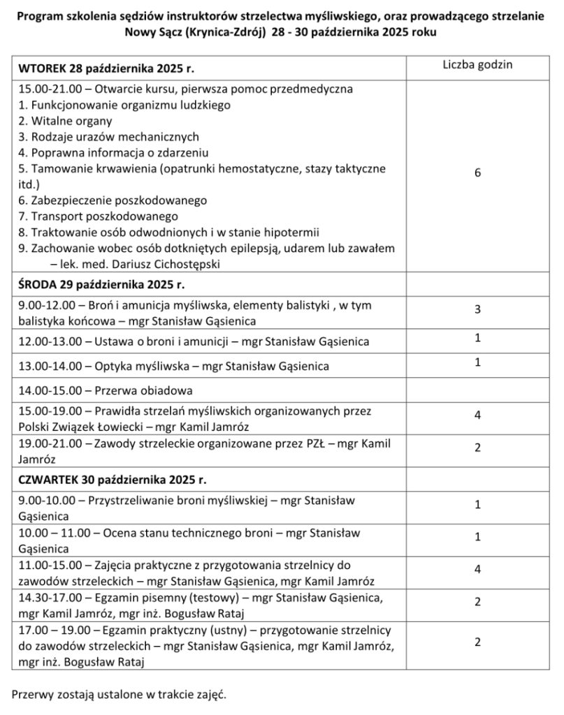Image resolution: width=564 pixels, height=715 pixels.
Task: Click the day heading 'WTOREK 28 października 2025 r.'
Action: [106, 69]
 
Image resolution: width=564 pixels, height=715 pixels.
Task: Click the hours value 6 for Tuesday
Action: [477, 173]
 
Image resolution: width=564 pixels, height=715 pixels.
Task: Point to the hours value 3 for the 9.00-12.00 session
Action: [477, 309]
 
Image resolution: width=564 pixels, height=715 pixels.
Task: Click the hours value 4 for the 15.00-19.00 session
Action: [477, 415]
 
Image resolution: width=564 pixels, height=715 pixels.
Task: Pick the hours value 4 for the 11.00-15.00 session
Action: [477, 569]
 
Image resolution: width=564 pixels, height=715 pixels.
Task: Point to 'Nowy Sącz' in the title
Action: [153, 33]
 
